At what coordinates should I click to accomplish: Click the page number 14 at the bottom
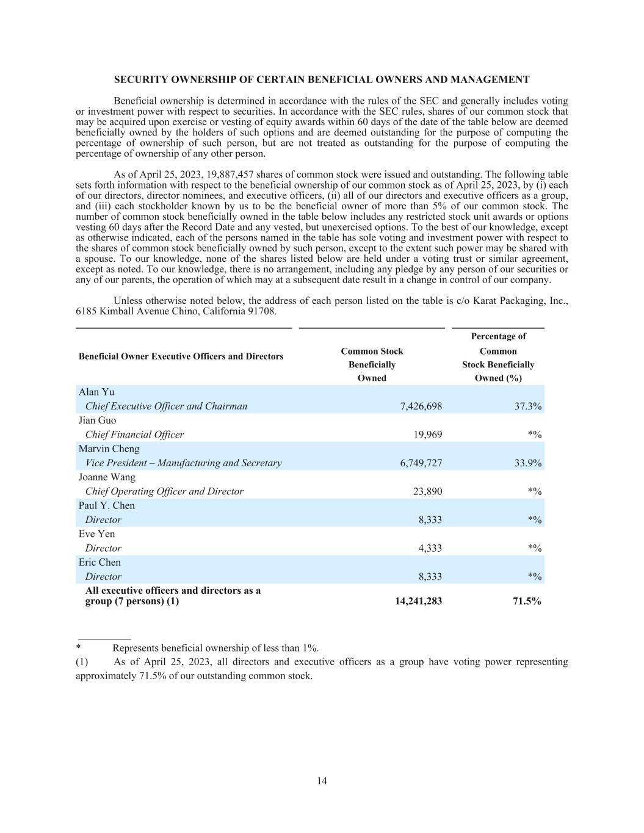pos(322,781)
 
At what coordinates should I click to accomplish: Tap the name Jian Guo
pos(97,420)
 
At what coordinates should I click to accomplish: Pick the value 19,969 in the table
pos(428,435)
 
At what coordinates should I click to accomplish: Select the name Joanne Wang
pos(107,477)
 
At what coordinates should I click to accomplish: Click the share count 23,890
pos(428,491)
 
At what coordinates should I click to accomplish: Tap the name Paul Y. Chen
pos(106,505)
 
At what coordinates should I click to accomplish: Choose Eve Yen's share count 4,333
pos(430,548)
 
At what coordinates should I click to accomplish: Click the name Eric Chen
pos(99,562)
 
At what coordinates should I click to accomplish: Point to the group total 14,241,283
pos(419,601)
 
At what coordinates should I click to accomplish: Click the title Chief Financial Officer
pos(134,435)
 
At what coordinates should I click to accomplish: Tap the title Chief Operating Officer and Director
pos(164,491)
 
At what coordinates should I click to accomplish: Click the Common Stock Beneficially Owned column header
pos(372,364)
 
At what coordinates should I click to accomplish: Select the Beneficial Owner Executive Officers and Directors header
pos(181,356)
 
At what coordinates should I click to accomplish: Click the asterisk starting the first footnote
pos(79,648)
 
